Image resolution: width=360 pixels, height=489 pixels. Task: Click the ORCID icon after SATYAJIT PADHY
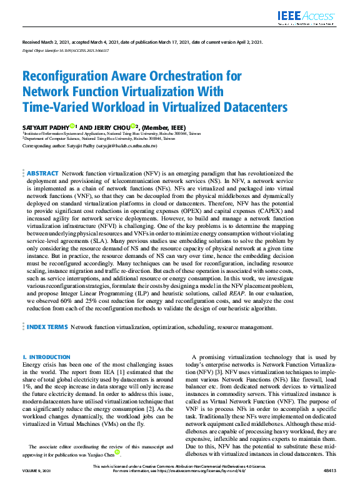(72, 126)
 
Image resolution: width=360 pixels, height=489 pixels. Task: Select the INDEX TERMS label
(47, 327)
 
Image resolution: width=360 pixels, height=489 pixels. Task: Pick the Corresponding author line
(89, 145)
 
